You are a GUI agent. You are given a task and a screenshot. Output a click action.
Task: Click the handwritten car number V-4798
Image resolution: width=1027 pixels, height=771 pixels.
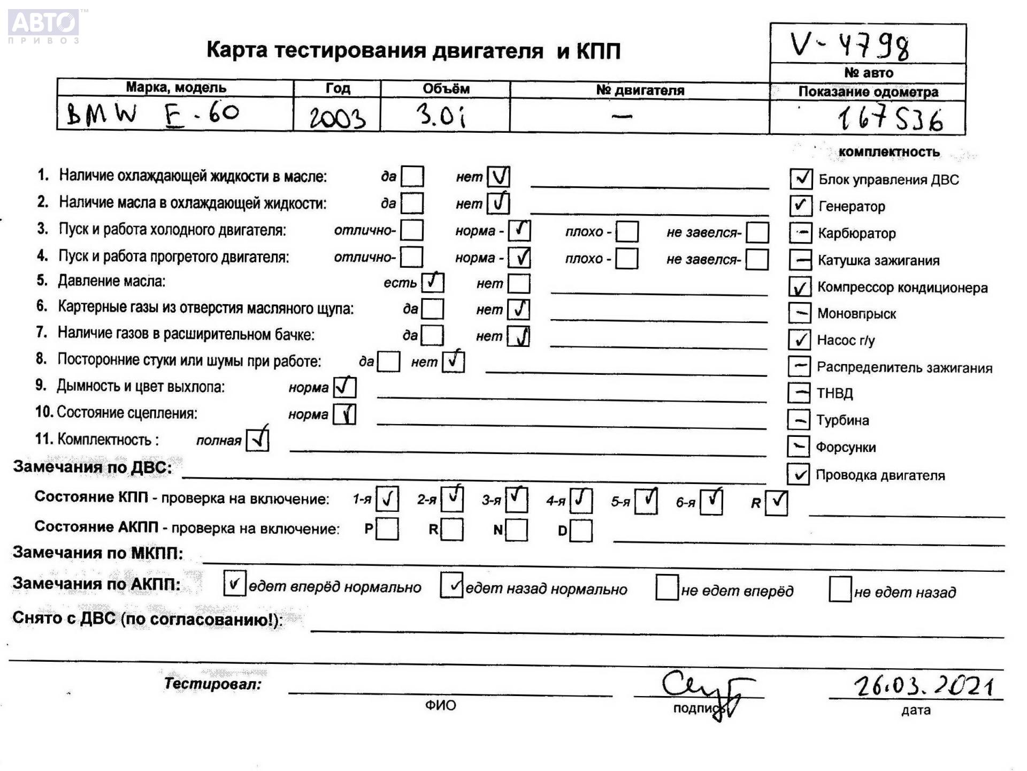click(850, 46)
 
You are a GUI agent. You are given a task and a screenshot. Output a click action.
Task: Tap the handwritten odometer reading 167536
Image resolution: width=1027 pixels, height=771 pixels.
click(890, 119)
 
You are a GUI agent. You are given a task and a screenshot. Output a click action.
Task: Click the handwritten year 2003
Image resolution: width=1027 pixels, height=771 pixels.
click(338, 117)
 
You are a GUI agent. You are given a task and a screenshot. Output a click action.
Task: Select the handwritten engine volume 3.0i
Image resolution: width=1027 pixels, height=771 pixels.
click(441, 115)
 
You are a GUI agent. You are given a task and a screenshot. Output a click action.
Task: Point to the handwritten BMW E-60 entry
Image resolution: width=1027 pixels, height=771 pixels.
click(152, 114)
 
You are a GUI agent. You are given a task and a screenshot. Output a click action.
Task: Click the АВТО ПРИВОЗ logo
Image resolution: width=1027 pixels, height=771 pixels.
click(44, 25)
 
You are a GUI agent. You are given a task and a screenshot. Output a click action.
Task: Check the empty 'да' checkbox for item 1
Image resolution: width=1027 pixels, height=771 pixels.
click(412, 176)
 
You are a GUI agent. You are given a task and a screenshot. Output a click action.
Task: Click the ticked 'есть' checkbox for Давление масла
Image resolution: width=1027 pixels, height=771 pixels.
click(432, 282)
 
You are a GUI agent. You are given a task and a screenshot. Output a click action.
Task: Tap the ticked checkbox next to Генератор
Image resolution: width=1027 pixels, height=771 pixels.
click(800, 206)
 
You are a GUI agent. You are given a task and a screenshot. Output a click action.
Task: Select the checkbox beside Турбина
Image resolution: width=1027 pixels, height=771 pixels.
click(799, 420)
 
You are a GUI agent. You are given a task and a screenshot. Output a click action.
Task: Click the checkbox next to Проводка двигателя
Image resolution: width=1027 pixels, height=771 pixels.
click(798, 474)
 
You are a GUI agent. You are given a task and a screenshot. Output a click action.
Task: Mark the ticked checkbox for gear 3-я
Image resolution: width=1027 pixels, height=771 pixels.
click(516, 500)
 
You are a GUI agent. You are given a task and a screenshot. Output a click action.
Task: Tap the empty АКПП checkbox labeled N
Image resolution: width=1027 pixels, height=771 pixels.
click(516, 530)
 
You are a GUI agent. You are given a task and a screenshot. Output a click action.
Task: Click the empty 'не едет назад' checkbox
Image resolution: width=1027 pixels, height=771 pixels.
click(840, 589)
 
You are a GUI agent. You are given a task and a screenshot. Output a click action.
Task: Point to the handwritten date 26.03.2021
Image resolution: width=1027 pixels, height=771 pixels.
click(924, 686)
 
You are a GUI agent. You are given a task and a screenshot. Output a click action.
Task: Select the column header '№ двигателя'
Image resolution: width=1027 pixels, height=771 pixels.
click(640, 90)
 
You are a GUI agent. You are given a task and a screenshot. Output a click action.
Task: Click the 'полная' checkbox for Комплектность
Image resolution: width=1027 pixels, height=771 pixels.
click(257, 440)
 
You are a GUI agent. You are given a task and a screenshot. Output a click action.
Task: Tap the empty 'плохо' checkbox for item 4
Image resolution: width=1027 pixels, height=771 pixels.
click(626, 259)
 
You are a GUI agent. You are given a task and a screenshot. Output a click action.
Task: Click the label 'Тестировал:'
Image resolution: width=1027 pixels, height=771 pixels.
click(212, 684)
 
